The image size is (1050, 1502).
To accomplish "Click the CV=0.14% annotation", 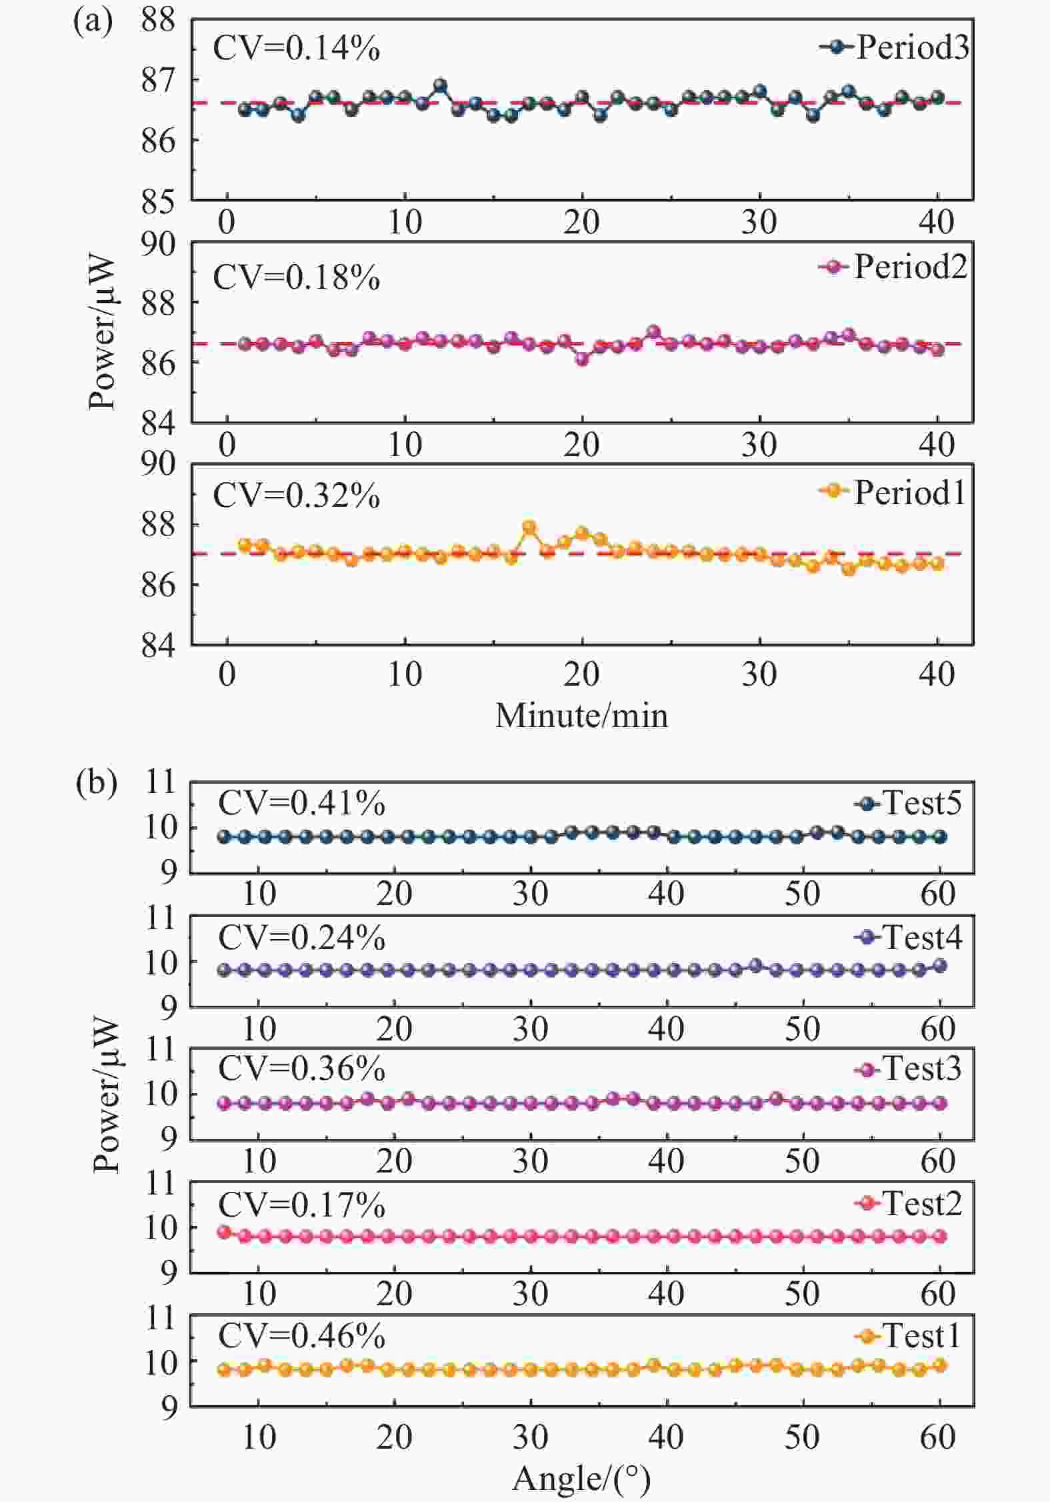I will tap(296, 49).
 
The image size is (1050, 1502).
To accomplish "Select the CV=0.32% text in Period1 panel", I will tap(296, 496).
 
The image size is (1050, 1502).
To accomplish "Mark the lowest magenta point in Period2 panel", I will tap(582, 359).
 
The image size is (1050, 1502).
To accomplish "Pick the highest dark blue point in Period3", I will tap(440, 85).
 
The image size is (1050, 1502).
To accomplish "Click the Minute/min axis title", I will tap(581, 716).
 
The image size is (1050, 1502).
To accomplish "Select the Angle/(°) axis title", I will tap(581, 1478).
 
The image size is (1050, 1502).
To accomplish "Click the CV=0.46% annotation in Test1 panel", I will tap(301, 1336).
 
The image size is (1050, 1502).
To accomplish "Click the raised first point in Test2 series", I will tap(224, 1232).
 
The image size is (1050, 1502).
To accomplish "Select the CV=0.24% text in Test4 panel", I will tap(301, 938).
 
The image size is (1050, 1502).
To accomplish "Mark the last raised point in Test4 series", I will tap(940, 966).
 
